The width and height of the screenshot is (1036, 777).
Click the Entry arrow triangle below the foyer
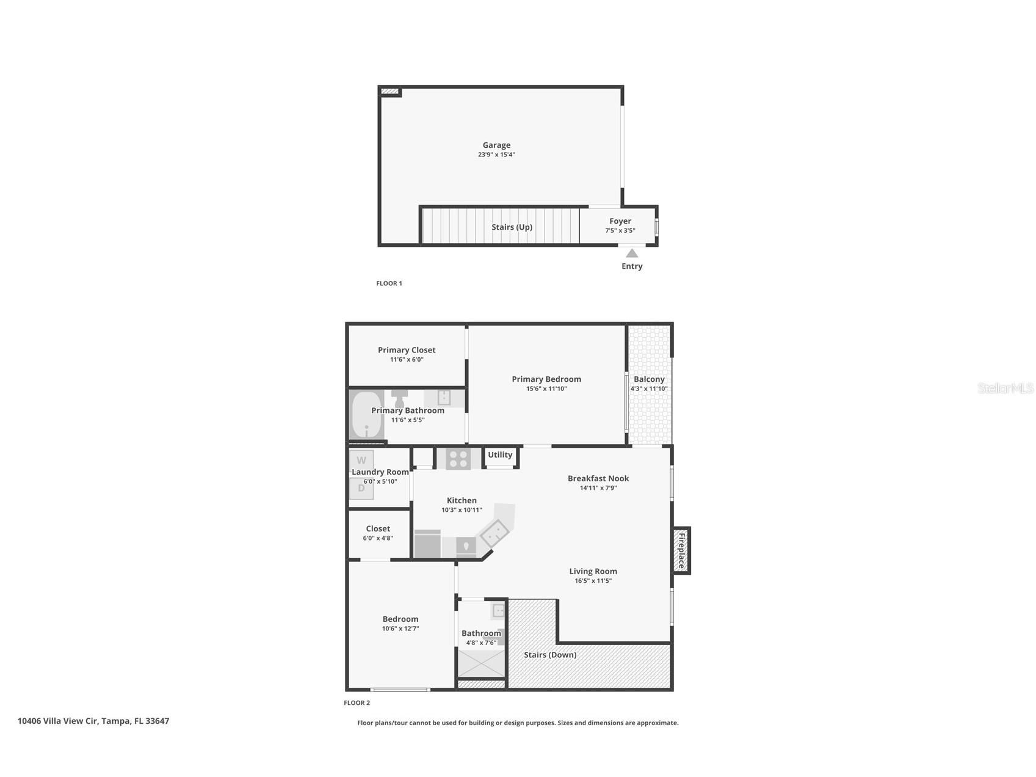click(x=632, y=253)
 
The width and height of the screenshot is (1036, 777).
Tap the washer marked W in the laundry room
click(x=361, y=460)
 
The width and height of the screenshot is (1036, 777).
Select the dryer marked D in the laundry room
click(x=361, y=489)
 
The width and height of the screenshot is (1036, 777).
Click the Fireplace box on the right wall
click(x=681, y=550)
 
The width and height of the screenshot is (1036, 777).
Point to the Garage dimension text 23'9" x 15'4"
click(x=496, y=155)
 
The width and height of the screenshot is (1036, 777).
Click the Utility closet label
click(x=500, y=454)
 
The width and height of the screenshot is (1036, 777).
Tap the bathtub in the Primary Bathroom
click(x=366, y=415)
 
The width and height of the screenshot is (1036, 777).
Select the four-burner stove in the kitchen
click(x=458, y=458)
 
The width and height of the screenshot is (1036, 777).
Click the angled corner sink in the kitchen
click(x=494, y=533)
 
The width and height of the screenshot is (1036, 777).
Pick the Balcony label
click(x=649, y=379)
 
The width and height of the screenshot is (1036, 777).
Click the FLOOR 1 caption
click(x=389, y=283)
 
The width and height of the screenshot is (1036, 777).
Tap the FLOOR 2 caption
click(x=357, y=703)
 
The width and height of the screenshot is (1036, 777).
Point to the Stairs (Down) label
click(x=550, y=655)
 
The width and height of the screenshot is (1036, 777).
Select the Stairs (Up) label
click(x=512, y=227)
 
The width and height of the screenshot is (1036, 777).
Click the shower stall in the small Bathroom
click(x=482, y=664)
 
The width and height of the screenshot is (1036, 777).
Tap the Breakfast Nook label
click(x=598, y=478)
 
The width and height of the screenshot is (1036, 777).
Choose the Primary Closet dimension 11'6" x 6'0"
click(x=407, y=360)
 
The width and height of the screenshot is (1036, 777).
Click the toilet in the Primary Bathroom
click(x=399, y=398)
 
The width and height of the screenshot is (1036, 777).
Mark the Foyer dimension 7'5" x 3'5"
click(x=620, y=231)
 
